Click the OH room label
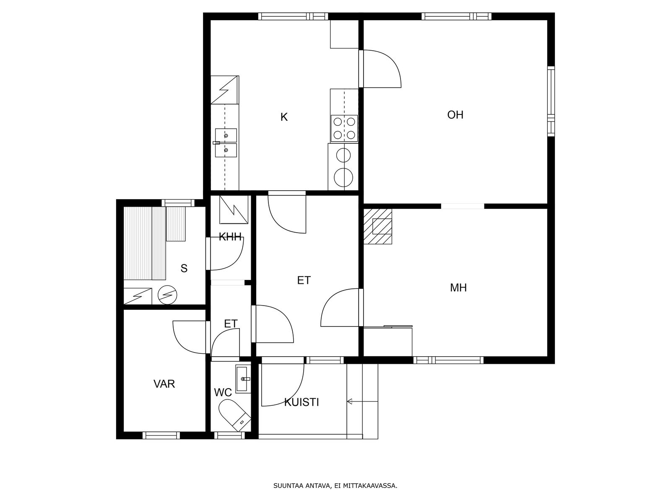455,115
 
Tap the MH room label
458,288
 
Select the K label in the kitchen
284,117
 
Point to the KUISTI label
302,402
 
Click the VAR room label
164,384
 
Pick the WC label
223,392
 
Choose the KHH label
230,237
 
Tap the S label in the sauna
184,268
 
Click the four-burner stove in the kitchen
344,128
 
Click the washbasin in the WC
243,379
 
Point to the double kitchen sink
226,143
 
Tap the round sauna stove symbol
167,295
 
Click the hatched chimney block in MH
377,226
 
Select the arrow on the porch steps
363,401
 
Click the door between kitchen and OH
380,69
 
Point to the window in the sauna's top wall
178,203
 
